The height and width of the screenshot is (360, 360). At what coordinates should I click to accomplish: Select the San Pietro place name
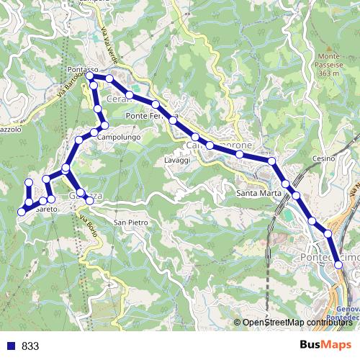[x=131, y=223]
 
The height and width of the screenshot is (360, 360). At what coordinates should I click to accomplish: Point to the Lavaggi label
[x=176, y=160]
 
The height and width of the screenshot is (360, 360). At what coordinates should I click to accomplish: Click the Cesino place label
[x=320, y=158]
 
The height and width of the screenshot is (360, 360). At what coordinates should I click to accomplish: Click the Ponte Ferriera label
[x=150, y=115]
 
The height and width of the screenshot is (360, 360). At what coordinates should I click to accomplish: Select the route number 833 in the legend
[x=30, y=346]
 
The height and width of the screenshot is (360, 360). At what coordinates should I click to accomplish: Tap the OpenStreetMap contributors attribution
[x=294, y=323]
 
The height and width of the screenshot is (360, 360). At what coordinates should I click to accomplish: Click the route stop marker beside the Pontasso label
[x=90, y=76]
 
